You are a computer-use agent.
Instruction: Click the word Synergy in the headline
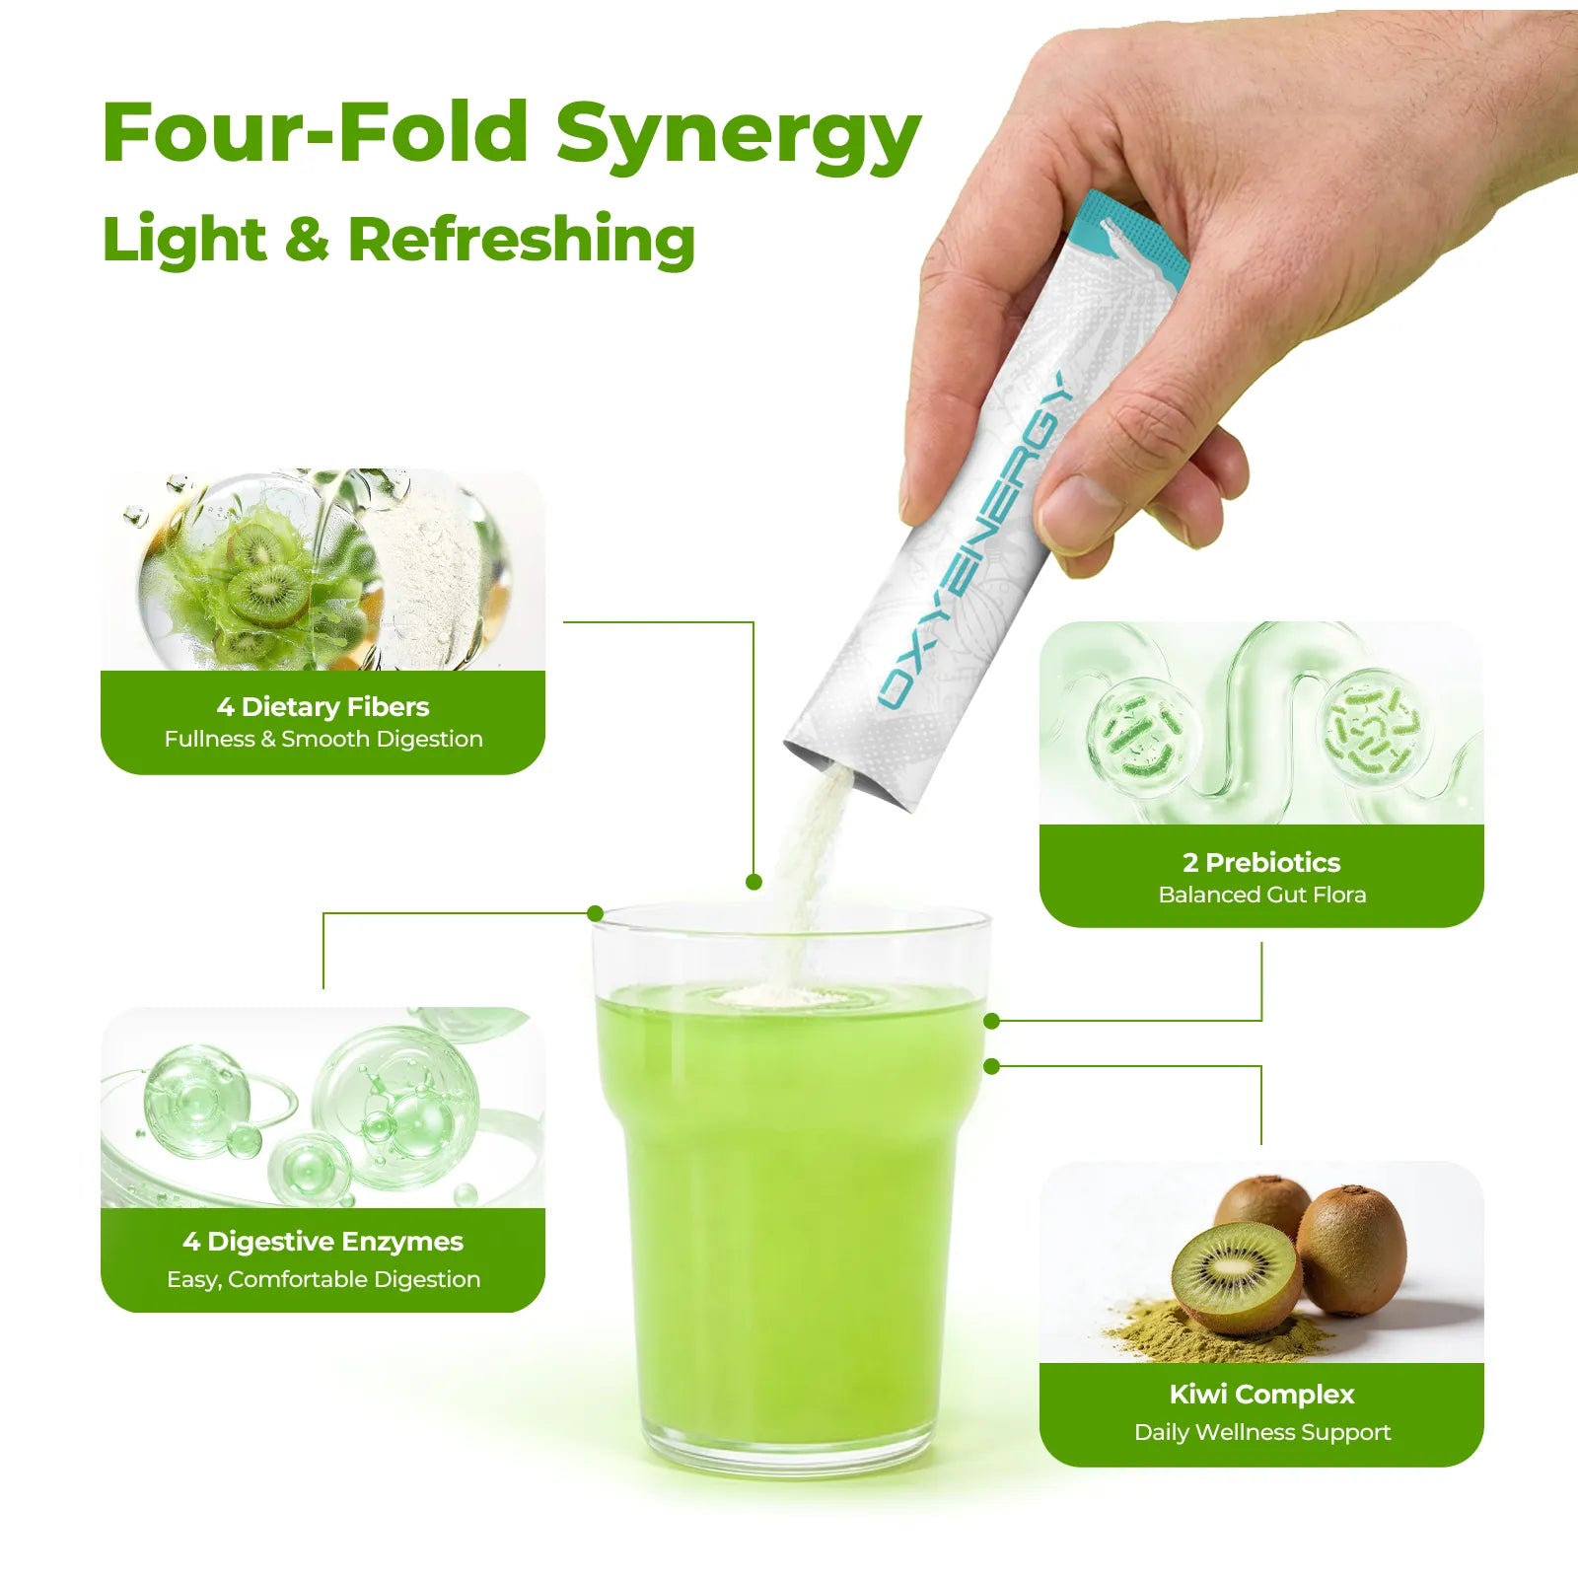point(738,136)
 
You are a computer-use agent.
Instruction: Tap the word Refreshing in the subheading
point(522,239)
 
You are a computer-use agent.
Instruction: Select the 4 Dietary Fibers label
point(323,706)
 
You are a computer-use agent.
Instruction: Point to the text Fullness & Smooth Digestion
point(323,739)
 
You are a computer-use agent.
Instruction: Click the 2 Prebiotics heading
point(1261,862)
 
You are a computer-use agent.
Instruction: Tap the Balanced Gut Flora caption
point(1262,895)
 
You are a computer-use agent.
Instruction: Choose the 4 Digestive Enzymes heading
point(323,1242)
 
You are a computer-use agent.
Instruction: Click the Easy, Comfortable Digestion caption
point(323,1279)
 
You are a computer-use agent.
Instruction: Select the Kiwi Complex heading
point(1261,1395)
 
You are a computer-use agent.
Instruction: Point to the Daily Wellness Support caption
point(1262,1432)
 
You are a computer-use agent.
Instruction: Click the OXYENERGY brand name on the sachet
point(975,539)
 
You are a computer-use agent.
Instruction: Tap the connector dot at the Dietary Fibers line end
point(754,882)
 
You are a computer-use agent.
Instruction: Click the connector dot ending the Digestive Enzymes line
point(595,913)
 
